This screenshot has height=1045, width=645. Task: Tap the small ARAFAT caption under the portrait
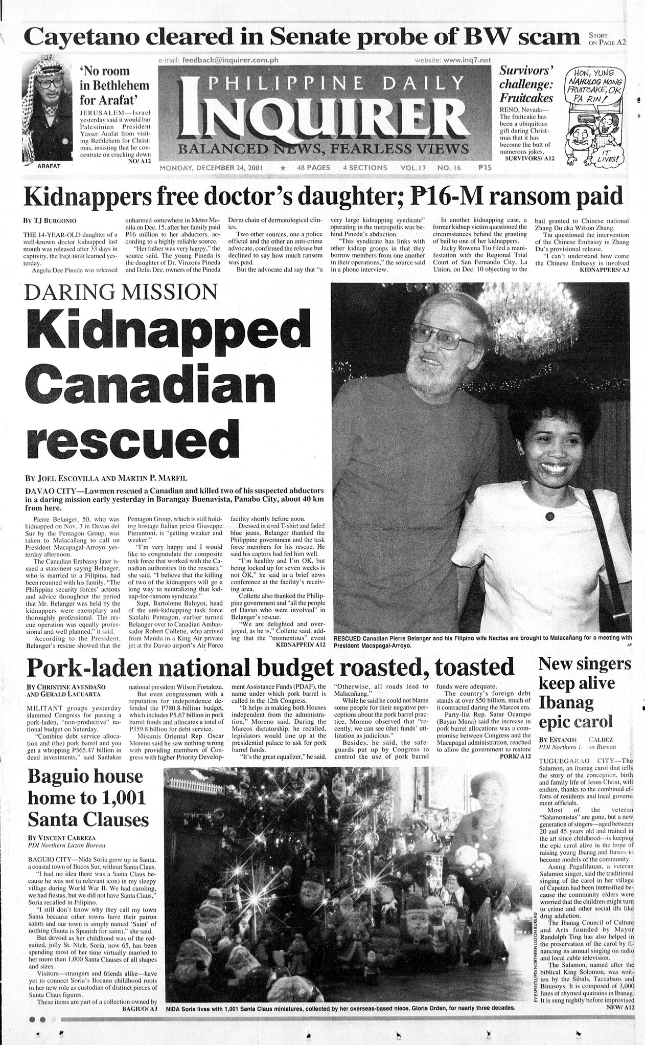(x=50, y=166)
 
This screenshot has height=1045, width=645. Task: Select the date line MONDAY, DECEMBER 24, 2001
(x=217, y=167)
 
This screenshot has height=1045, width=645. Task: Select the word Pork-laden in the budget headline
(x=94, y=666)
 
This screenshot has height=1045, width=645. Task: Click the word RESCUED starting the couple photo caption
(x=352, y=638)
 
